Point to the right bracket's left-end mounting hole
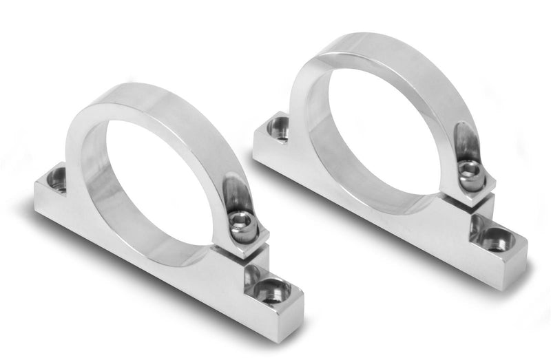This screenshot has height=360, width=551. click(x=280, y=128)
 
